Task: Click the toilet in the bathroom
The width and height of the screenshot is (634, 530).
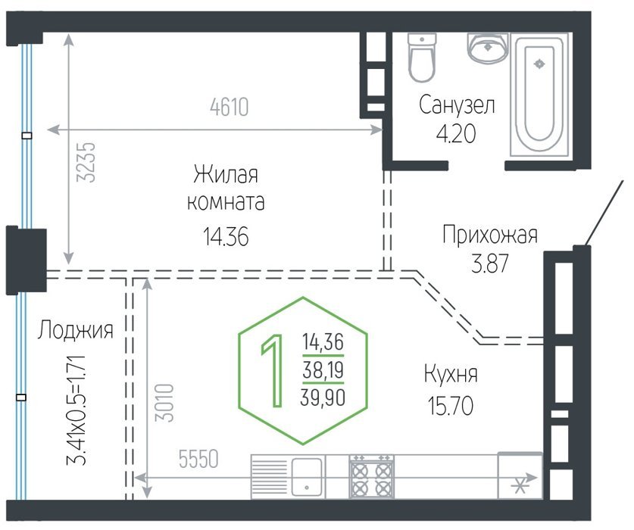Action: click(x=422, y=58)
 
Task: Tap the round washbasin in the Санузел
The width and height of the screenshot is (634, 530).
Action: click(x=488, y=47)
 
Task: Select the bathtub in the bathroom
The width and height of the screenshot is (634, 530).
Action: click(x=539, y=94)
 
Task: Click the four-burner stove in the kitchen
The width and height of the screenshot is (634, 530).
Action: click(x=372, y=477)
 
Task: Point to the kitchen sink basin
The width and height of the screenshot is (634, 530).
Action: click(x=307, y=477)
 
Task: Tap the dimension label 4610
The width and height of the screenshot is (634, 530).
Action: click(x=230, y=107)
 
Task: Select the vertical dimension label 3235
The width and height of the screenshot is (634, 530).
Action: click(x=86, y=163)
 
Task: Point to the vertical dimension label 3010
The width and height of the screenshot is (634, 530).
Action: click(x=164, y=403)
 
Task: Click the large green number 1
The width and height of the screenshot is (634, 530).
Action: click(x=273, y=370)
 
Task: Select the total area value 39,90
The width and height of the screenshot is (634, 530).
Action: click(x=323, y=397)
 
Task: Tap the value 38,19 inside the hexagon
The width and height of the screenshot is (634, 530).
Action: click(x=323, y=370)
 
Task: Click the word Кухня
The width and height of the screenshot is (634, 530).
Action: click(x=451, y=373)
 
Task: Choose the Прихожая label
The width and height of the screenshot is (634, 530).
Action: click(x=490, y=235)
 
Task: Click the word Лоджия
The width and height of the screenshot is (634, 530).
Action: click(x=76, y=330)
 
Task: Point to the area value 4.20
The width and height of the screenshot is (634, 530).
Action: click(x=456, y=134)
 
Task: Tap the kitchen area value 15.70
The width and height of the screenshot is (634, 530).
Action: click(x=451, y=406)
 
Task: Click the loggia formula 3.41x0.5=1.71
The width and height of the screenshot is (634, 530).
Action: click(x=76, y=410)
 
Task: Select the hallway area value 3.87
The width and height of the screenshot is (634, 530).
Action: click(x=489, y=263)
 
